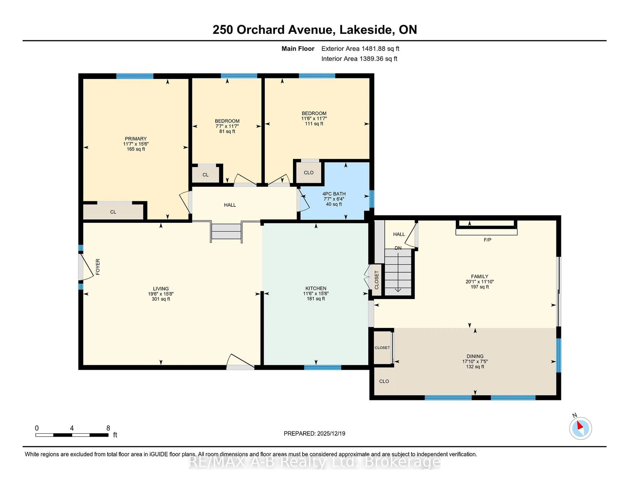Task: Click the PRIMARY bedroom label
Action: point(136,139)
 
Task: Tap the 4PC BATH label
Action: point(334,194)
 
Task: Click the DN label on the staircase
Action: point(398,248)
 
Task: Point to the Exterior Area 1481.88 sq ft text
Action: point(360,49)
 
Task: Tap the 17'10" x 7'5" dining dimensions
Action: point(475,361)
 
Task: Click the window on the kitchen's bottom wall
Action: point(323,367)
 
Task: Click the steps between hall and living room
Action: point(226,232)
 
